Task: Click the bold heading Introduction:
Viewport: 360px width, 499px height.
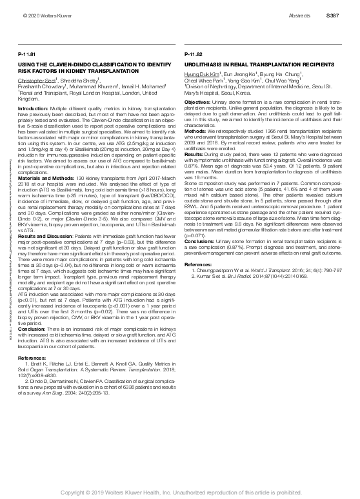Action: tap(32, 109)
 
